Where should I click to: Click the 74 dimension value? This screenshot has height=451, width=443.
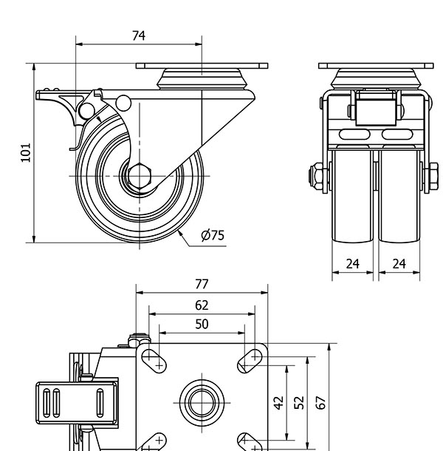pyautogui.click(x=138, y=35)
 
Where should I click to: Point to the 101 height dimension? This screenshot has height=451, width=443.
pyautogui.click(x=25, y=153)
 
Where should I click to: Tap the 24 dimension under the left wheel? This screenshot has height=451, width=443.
pyautogui.click(x=353, y=262)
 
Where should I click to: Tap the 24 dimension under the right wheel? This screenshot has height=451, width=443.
pyautogui.click(x=399, y=262)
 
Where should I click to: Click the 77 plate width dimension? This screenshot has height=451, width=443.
pyautogui.click(x=202, y=283)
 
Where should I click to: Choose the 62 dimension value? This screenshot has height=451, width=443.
pyautogui.click(x=202, y=305)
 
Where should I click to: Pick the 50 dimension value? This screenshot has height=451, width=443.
pyautogui.click(x=201, y=324)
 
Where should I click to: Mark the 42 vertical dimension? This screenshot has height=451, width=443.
pyautogui.click(x=278, y=403)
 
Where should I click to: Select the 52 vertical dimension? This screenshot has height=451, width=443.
pyautogui.click(x=299, y=403)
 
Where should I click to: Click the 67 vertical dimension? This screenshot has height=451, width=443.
pyautogui.click(x=320, y=403)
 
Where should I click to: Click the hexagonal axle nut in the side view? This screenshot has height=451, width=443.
pyautogui.click(x=138, y=176)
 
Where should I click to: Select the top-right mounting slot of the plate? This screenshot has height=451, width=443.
pyautogui.click(x=249, y=359)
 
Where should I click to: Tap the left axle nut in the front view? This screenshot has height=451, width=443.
pyautogui.click(x=314, y=176)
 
